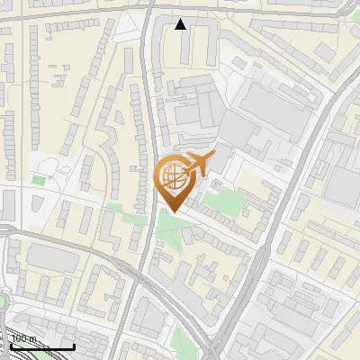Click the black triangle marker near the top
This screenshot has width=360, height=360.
coord(181,24)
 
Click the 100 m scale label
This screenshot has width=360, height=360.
coord(24,339)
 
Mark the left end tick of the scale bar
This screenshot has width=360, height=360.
coord(11,346)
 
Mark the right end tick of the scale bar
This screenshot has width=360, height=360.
coord(74,346)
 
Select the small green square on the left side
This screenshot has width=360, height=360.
coord(38,180)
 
